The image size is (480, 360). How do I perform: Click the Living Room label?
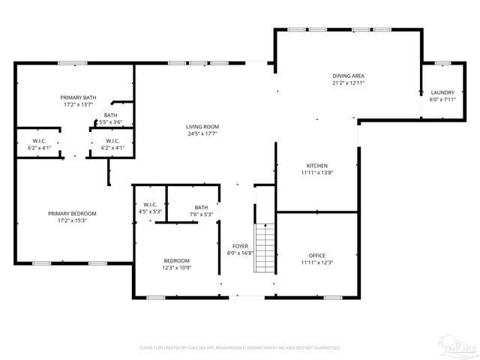click(x=202, y=127)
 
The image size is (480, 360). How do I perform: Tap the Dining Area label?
click(x=349, y=76)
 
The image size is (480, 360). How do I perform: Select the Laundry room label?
click(x=442, y=92)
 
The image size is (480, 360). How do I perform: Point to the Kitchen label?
click(x=316, y=165)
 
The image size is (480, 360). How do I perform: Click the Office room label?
click(x=316, y=255)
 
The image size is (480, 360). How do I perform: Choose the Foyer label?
click(x=240, y=246)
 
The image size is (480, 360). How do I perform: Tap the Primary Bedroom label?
click(x=73, y=214)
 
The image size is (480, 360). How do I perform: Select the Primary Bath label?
click(x=79, y=97)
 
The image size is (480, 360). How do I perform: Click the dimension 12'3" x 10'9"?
click(x=177, y=267)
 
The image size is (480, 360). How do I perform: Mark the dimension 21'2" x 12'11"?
click(x=349, y=82)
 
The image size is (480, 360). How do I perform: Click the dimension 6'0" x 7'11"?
click(x=442, y=99)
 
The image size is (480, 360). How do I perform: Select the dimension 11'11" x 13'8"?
click(x=316, y=172)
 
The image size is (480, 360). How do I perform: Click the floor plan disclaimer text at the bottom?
click(x=240, y=348)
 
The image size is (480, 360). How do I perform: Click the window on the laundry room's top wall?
click(x=442, y=63)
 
